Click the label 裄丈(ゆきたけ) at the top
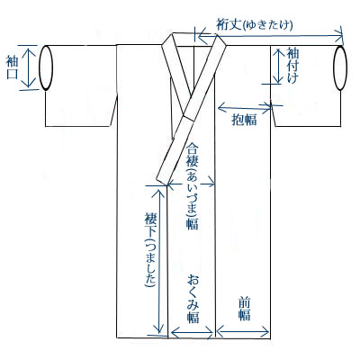pyautogui.click(x=255, y=25)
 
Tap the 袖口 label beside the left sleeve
pyautogui.click(x=13, y=67)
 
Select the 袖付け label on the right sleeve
pyautogui.click(x=293, y=65)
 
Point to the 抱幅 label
pyautogui.click(x=244, y=120)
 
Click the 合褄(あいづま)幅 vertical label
pyautogui.click(x=193, y=186)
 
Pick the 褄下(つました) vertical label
pyautogui.click(x=150, y=250)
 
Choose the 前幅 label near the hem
pyautogui.click(x=245, y=309)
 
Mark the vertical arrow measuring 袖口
pyautogui.click(x=29, y=67)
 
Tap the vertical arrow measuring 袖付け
pyautogui.click(x=278, y=66)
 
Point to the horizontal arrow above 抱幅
pyautogui.click(x=245, y=106)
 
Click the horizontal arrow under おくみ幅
pyautogui.click(x=192, y=332)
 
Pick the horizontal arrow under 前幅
pyautogui.click(x=242, y=332)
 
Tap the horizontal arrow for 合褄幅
pyautogui.click(x=191, y=184)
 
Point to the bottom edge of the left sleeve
pyautogui.click(x=78, y=126)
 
